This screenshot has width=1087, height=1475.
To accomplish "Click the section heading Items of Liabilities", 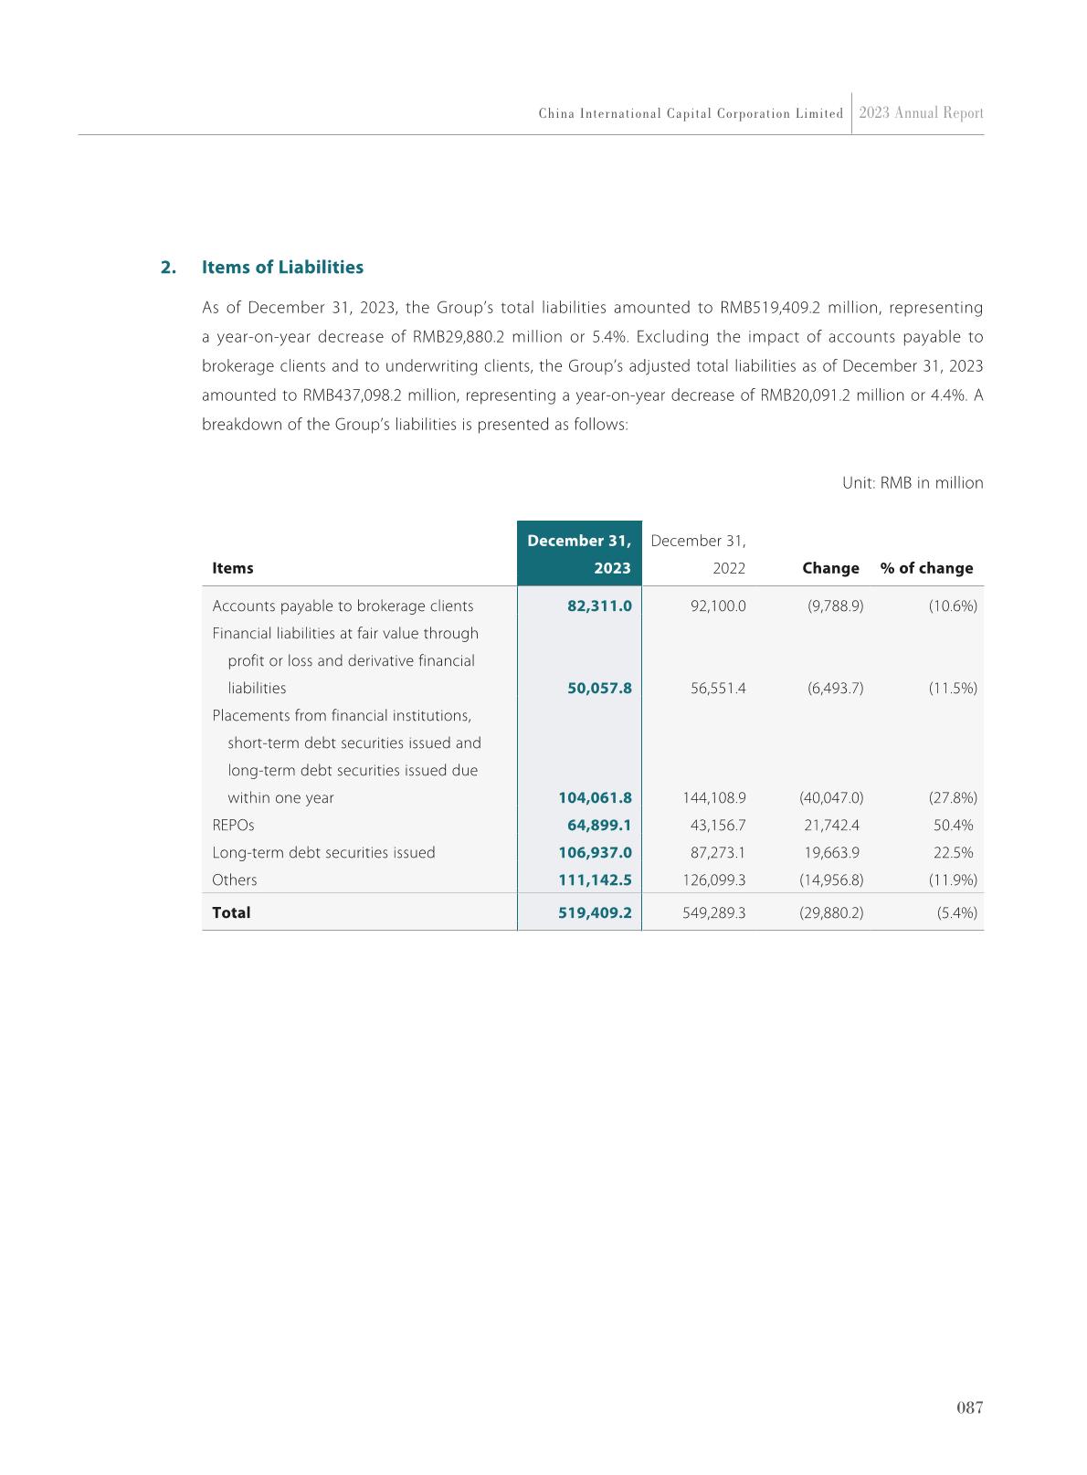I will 282,268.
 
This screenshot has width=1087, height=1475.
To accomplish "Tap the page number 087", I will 969,1407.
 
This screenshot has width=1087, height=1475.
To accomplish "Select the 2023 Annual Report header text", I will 921,113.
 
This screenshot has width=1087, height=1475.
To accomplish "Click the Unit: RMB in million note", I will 912,483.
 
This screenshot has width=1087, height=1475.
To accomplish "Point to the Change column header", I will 830,568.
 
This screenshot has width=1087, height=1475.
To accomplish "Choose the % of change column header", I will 926,568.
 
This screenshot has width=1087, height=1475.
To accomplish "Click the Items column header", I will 233,568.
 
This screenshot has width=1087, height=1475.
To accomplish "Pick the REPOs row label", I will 233,826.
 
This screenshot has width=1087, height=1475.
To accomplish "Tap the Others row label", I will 235,880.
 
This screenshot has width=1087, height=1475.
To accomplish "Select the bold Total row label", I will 231,913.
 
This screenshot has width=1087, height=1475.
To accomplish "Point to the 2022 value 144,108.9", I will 714,798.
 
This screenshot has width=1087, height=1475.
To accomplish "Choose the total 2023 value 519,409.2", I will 595,913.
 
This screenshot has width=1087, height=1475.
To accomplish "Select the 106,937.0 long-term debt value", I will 595,853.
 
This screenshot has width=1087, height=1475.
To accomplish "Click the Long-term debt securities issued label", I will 323,853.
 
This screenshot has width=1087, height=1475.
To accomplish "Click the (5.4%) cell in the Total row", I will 956,913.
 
